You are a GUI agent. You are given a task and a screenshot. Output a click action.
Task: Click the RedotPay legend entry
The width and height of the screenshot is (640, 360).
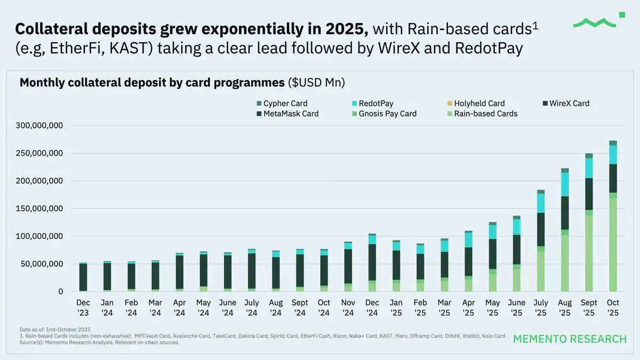coord(375,103)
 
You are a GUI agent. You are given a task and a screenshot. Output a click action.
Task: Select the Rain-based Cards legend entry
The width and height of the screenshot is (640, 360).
coord(485,114)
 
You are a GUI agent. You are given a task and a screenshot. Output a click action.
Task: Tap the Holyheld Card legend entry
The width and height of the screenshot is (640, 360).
coord(479,103)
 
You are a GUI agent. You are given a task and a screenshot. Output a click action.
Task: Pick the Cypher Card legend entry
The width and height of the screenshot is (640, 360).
coord(285,103)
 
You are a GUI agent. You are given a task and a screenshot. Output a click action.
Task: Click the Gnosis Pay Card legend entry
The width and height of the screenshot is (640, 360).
coord(387,114)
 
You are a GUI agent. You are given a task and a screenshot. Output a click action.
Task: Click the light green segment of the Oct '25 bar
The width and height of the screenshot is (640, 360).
coord(613,245)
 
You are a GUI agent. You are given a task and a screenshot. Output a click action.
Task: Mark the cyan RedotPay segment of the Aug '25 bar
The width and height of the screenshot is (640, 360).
coord(565,184)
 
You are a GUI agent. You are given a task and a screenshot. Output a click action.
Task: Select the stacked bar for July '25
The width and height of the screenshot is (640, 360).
coord(541,240)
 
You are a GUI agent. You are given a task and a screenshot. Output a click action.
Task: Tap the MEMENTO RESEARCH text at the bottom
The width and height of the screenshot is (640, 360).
coord(570,339)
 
